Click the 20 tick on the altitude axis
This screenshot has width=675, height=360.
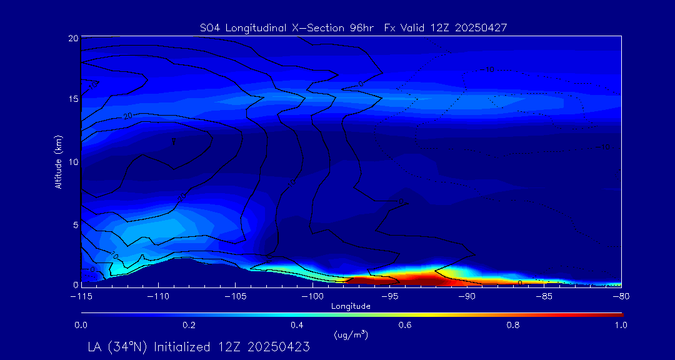(x=72, y=38)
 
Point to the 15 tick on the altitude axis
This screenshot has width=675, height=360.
(x=72, y=100)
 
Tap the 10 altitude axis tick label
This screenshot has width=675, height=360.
(x=72, y=162)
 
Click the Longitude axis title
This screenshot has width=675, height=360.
(x=351, y=306)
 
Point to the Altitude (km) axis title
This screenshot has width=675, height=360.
(x=58, y=162)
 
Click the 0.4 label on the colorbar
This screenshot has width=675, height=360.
(x=297, y=325)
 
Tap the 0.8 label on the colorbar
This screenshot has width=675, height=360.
(x=513, y=325)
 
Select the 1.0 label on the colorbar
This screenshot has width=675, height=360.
(x=621, y=325)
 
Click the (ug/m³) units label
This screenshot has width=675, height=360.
(x=351, y=335)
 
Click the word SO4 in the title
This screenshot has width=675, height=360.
(x=208, y=27)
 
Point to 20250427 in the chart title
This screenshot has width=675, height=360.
(x=482, y=27)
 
